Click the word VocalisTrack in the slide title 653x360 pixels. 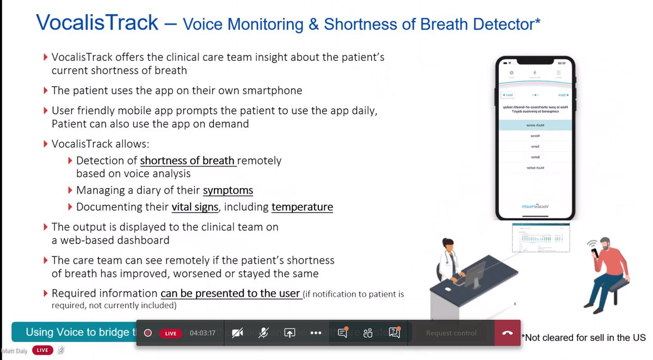coord(97,23)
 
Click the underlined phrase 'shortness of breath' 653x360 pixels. coord(188,161)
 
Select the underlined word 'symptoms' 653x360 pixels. coord(228,190)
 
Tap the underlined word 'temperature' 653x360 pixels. coord(302,207)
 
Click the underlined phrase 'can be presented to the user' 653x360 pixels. coord(231,294)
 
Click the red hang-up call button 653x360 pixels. coord(507,333)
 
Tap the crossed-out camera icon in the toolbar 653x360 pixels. coord(237,333)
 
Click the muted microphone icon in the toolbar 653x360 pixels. coord(263,333)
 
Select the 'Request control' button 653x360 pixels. coord(451,333)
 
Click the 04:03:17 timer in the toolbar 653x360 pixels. coord(202,333)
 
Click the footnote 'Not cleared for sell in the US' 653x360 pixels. coord(584,338)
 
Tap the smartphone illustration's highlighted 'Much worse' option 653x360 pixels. coord(536,125)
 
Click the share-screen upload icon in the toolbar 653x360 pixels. coord(289,333)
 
